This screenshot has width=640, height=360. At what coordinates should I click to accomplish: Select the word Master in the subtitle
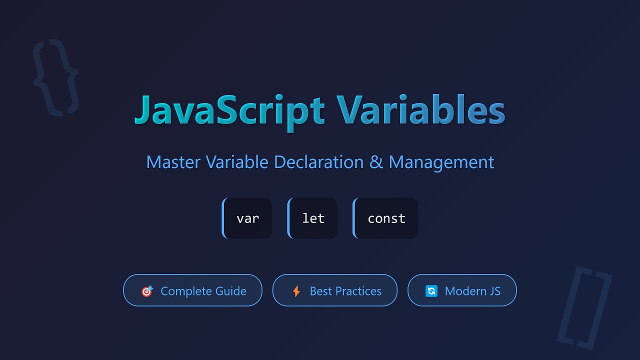(x=173, y=162)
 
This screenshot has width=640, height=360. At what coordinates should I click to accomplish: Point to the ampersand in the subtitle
(x=376, y=162)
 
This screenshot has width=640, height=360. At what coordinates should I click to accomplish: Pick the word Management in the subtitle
(x=441, y=162)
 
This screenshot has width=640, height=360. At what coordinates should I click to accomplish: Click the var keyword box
(x=247, y=218)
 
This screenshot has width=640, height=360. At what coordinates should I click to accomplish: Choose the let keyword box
(x=313, y=218)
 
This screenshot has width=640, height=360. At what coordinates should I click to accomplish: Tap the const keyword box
(x=386, y=218)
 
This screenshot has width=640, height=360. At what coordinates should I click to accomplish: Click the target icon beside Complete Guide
(x=147, y=291)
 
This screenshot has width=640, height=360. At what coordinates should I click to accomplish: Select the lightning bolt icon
(x=296, y=291)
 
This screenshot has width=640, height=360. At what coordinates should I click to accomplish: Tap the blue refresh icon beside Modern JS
(x=431, y=291)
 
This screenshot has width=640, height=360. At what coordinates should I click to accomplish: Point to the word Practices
(x=357, y=291)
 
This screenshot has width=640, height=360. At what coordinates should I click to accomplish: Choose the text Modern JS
(x=472, y=291)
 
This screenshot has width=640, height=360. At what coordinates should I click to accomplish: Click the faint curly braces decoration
(x=55, y=77)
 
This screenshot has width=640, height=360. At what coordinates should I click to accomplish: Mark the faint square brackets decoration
(x=584, y=307)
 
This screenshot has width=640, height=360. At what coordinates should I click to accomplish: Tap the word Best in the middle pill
(x=320, y=291)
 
